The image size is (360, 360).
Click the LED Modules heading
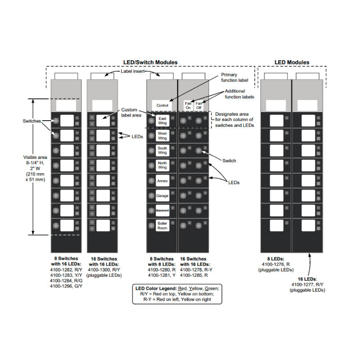[x=292, y=62]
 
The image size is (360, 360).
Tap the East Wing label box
[x=162, y=120]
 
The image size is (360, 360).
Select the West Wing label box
[x=162, y=135]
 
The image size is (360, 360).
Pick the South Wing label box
[x=162, y=150]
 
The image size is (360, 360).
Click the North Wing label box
[x=162, y=165]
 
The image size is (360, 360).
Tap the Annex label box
[x=162, y=181]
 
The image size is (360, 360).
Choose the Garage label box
[x=162, y=196]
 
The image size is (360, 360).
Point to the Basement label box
[x=162, y=211]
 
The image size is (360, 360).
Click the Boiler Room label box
[x=162, y=226]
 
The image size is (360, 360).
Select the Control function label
[x=162, y=105]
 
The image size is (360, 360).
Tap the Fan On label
[x=188, y=105]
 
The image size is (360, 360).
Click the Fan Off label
[x=199, y=105]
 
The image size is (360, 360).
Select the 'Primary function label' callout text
[x=232, y=78]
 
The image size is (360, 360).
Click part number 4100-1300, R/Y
[x=104, y=269]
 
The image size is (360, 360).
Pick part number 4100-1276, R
[x=275, y=265]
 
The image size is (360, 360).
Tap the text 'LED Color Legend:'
[x=155, y=288]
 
